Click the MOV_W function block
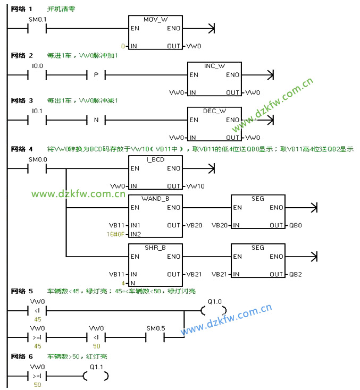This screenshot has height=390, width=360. tap(155, 32)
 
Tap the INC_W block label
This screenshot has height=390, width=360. tap(214, 66)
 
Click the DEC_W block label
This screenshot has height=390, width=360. tap(214, 111)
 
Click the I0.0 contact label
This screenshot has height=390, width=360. tap(37, 66)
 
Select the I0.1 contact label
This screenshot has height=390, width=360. tap(37, 111)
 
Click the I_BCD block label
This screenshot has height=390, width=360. tap(155, 159)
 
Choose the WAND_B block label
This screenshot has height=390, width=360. tap(155, 198)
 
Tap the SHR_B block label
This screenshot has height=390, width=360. tap(155, 248)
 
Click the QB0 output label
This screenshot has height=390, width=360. tap(296, 225)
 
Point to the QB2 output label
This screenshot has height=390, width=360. tap(296, 274)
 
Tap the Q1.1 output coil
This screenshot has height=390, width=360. tap(96, 376)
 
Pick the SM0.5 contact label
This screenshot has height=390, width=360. tap(155, 328)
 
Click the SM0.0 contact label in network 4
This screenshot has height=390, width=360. tap(37, 159)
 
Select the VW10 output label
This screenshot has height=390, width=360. tap(195, 186)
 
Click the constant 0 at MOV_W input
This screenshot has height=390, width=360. tap(123, 46)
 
